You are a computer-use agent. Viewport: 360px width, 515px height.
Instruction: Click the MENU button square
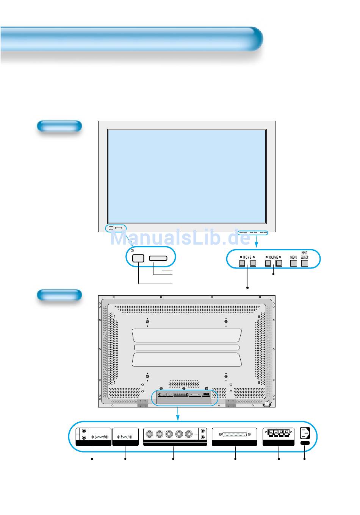(x=293, y=263)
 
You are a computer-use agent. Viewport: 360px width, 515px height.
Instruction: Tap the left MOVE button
(x=242, y=263)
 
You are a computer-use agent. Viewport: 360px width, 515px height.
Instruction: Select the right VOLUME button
(x=279, y=263)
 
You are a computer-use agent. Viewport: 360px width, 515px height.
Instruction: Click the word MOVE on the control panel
(x=247, y=257)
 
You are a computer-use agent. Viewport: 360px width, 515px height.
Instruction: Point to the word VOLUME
(x=273, y=257)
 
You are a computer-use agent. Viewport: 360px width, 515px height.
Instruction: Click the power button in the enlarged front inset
(x=138, y=258)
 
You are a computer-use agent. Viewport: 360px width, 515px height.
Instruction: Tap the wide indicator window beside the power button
(x=158, y=258)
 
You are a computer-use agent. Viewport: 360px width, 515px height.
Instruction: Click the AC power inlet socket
(x=305, y=432)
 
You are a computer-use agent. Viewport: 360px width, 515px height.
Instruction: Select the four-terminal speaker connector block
(x=279, y=433)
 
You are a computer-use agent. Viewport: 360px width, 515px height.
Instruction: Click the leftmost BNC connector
(x=150, y=434)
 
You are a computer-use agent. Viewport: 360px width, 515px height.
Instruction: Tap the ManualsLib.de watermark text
(x=180, y=238)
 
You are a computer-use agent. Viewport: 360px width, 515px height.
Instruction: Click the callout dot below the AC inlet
(x=305, y=459)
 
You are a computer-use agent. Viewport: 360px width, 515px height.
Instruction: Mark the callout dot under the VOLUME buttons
(x=273, y=274)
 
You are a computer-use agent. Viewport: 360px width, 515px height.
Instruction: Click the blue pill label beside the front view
(x=59, y=126)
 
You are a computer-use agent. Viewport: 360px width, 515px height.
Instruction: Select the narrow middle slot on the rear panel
(x=186, y=348)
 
